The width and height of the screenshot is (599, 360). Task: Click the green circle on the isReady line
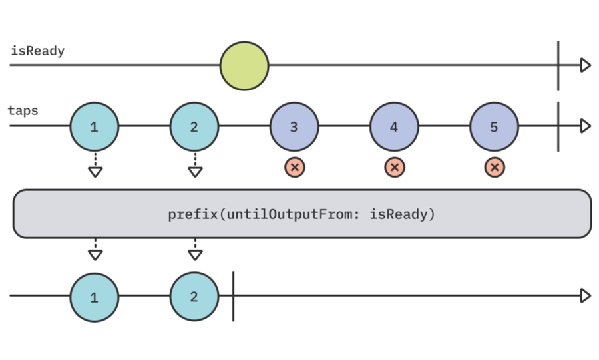244,66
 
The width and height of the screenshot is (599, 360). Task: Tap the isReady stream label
38,51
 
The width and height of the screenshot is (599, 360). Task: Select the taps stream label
23,110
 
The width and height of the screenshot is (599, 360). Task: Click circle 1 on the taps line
94,126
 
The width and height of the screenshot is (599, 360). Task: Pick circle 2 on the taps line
194,126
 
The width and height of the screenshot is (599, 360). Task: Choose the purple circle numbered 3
294,126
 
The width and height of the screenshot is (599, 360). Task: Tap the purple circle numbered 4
394,126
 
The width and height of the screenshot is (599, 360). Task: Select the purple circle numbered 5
494,126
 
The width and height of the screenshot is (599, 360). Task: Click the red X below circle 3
294,167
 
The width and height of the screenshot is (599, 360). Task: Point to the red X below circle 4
394,167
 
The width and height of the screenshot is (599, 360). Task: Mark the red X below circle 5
494,167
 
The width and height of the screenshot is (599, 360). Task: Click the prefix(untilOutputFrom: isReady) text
301,214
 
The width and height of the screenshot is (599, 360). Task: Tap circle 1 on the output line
94,297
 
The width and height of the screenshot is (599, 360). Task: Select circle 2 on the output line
194,297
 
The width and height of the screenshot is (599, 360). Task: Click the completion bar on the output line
233,296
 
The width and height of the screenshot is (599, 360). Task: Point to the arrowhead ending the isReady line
585,65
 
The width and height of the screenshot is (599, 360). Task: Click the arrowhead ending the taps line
585,126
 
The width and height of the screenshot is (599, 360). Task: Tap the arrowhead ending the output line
585,296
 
